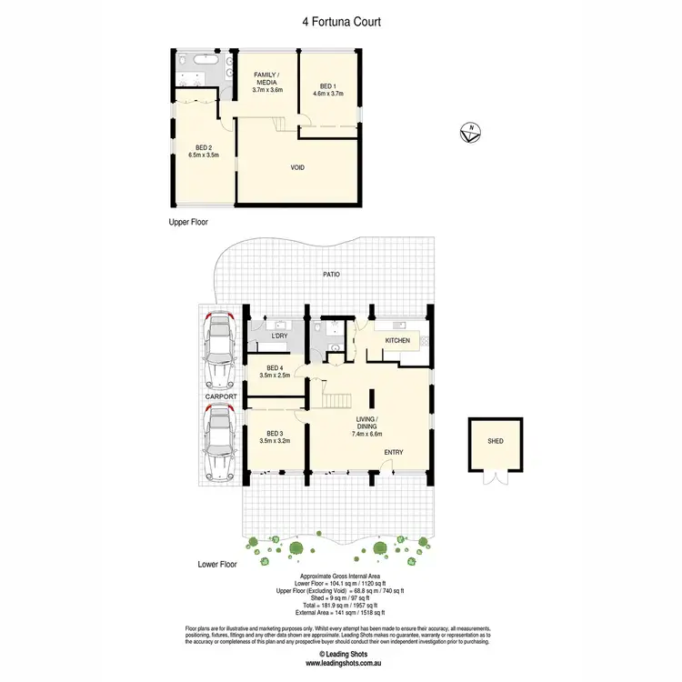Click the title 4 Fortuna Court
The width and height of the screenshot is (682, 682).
[340, 19]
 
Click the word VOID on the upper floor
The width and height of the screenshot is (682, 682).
[296, 167]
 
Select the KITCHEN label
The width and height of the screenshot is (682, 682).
[397, 341]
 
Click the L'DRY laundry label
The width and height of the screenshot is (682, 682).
[280, 336]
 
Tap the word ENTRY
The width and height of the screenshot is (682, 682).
[393, 452]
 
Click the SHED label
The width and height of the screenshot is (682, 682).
[495, 441]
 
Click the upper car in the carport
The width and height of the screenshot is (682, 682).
[218, 348]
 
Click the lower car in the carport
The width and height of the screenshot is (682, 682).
[218, 442]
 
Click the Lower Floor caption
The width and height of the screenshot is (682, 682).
[217, 564]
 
